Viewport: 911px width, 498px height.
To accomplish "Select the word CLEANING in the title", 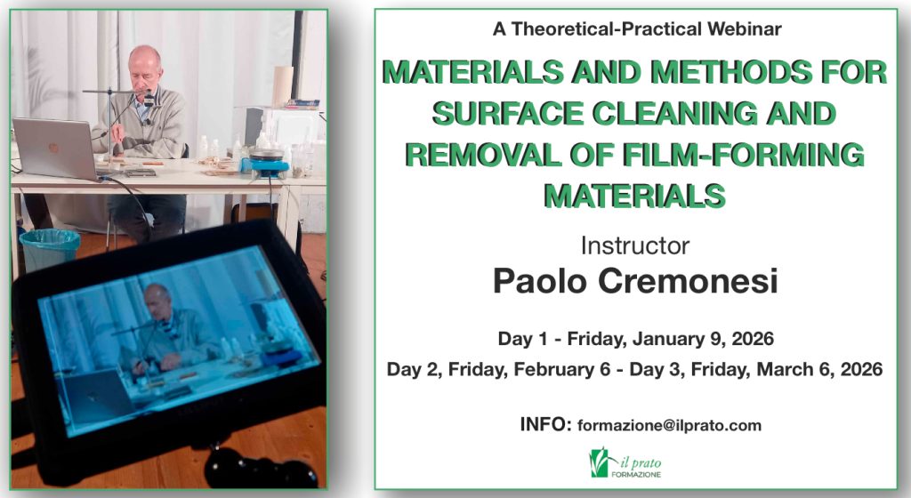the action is coord(675,113).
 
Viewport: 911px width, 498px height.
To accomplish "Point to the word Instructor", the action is coord(635,245).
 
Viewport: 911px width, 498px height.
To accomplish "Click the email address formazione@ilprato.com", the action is coord(669,425).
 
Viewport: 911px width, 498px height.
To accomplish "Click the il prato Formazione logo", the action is coord(625,462).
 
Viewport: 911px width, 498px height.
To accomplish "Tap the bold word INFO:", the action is coord(546,424).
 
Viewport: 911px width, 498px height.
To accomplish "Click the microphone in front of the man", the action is coord(149,100).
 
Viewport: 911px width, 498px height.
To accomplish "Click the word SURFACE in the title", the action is coord(508,113).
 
